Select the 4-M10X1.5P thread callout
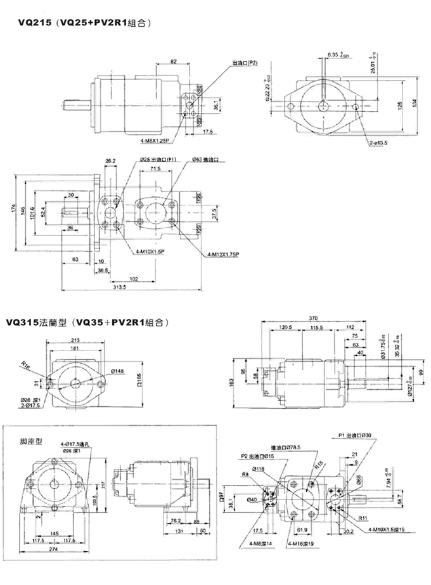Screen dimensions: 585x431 pos(150,252)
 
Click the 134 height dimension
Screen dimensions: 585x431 pos(415,103)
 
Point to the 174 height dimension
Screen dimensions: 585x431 pos(13,210)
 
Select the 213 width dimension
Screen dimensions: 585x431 pos(75,339)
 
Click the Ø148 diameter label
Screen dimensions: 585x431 pos(117,371)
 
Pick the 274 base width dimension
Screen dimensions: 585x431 pos(56,551)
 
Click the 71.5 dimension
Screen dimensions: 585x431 pos(155,170)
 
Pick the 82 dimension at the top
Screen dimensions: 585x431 pos(173,61)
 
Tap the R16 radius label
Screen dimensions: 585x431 pos(25,365)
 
